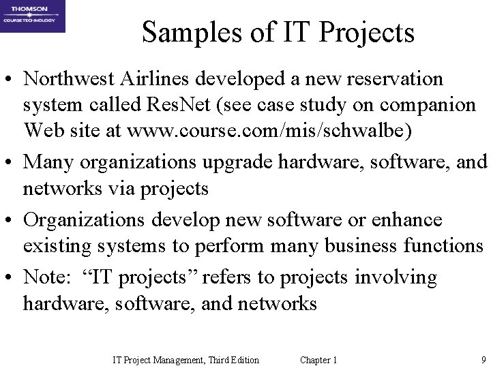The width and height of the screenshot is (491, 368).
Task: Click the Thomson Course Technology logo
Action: [33, 16]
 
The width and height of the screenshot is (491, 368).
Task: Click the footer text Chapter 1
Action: [318, 359]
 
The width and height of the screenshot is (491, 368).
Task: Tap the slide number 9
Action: [482, 359]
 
